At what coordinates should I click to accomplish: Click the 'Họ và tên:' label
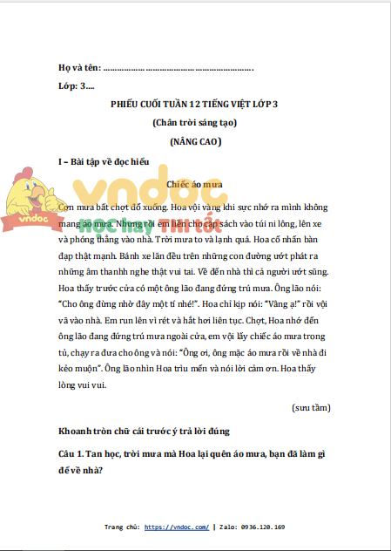tap(78, 67)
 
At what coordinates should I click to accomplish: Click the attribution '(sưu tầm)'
tap(311, 406)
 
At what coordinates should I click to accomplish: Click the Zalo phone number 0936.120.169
tap(260, 527)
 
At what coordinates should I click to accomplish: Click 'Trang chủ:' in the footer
tap(122, 527)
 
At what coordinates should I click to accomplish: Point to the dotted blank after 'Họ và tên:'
tap(179, 67)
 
